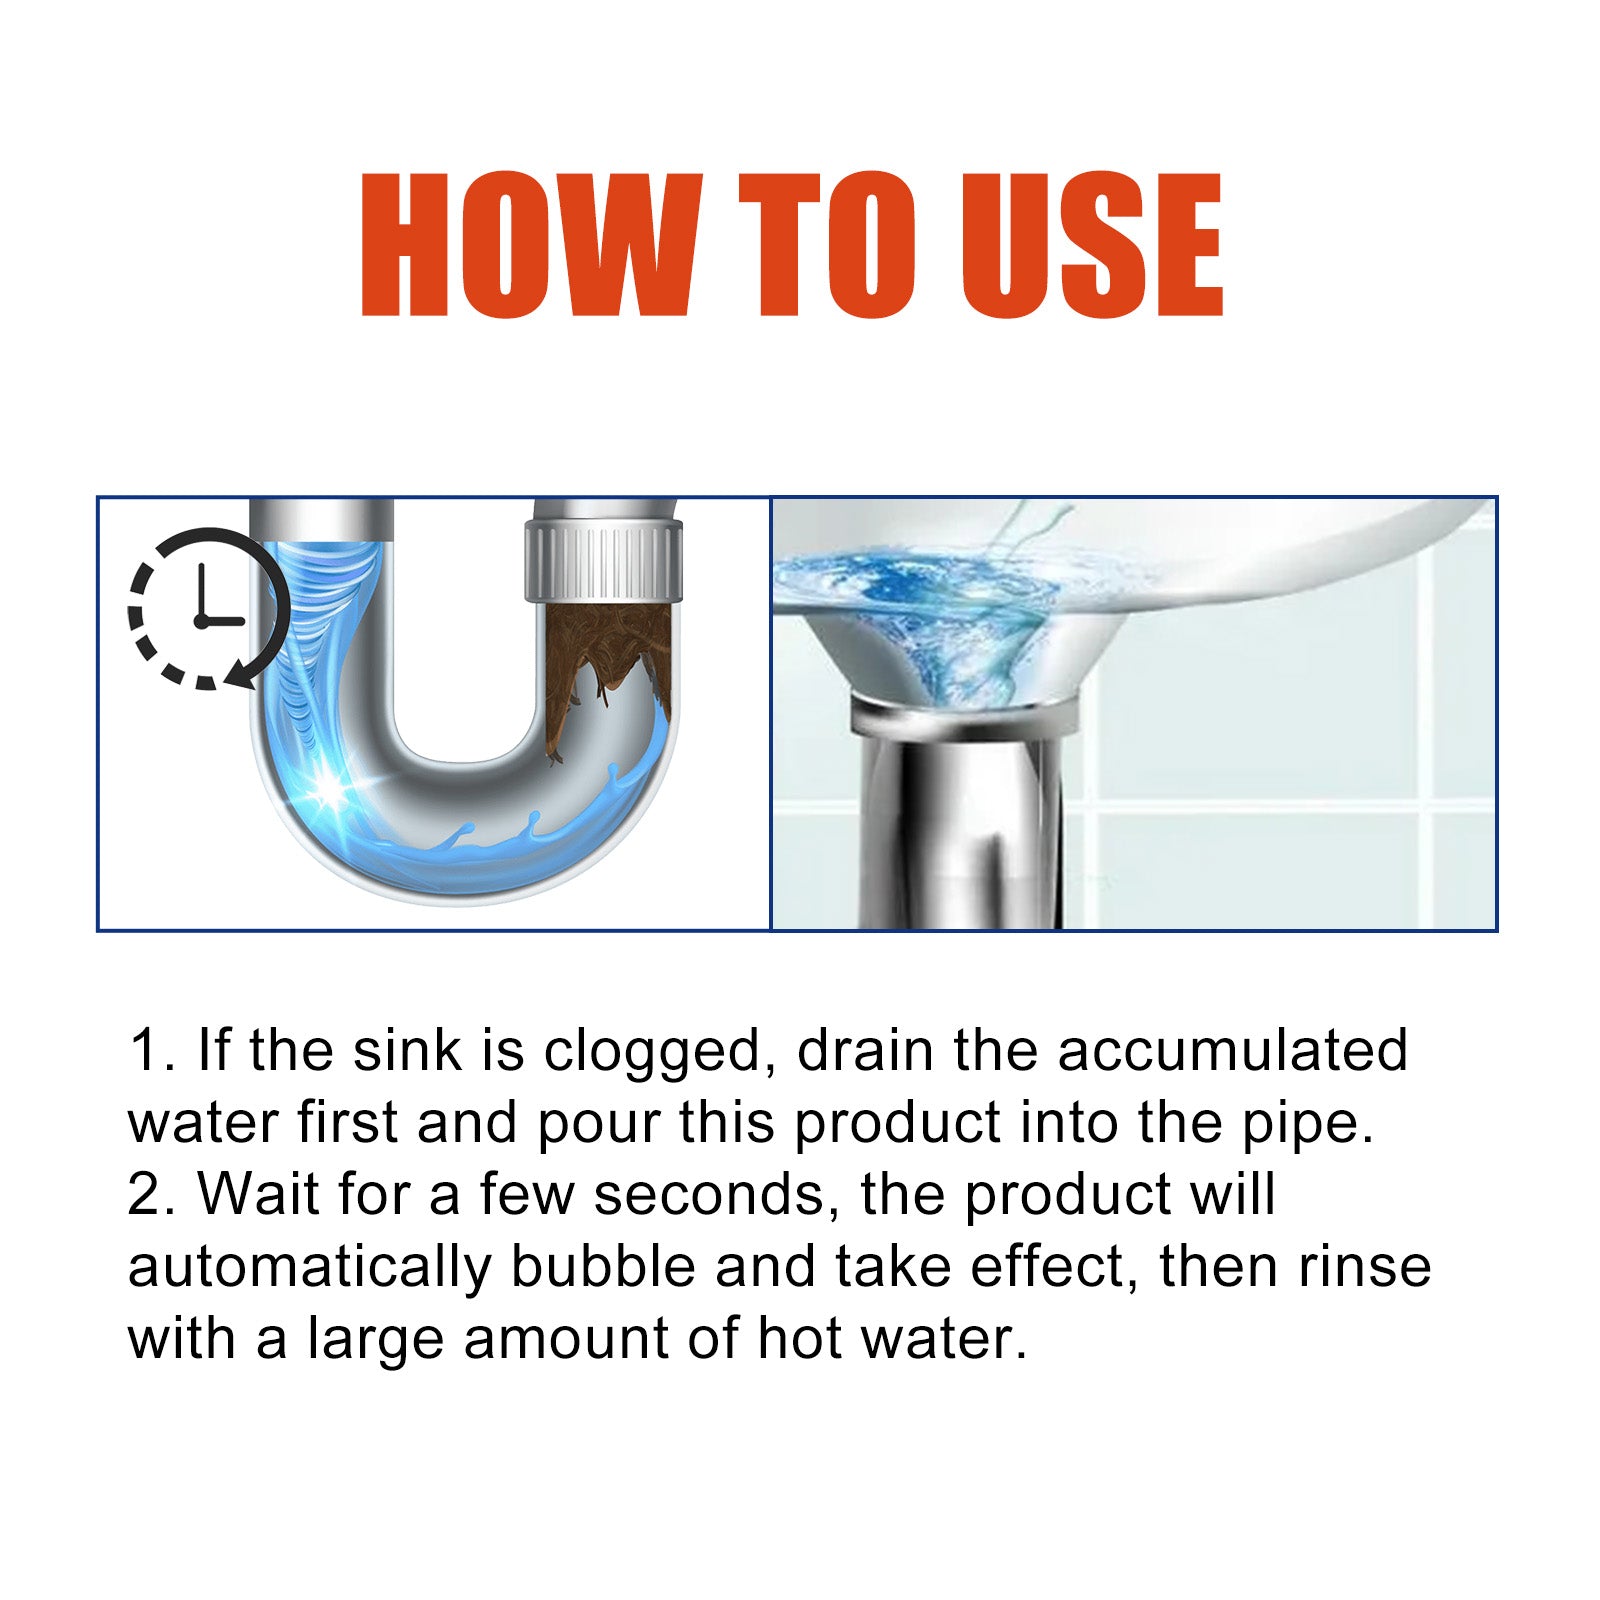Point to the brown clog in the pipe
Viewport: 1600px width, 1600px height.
click(x=601, y=665)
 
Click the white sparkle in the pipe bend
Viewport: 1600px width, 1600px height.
click(x=328, y=789)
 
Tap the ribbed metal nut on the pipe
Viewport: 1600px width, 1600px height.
click(x=603, y=565)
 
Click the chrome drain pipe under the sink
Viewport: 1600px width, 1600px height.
click(x=960, y=820)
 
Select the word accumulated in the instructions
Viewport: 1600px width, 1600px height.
click(x=1232, y=1051)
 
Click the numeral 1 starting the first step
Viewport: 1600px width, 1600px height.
click(x=145, y=1052)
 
